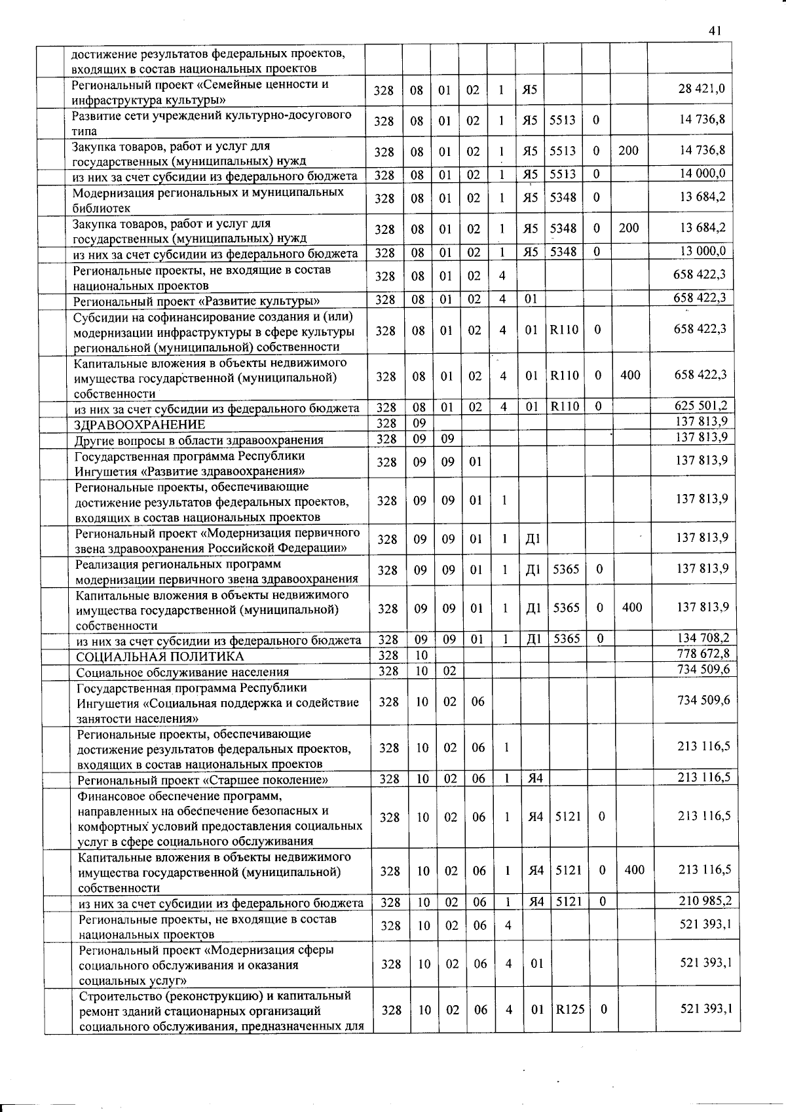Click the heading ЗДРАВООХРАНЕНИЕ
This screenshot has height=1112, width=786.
[140, 425]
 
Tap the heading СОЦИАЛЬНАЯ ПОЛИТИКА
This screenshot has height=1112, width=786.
[160, 657]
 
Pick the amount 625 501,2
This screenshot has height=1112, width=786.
[701, 406]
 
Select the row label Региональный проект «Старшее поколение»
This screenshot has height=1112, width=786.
[202, 780]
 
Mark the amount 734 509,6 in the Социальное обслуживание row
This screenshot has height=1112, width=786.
[703, 668]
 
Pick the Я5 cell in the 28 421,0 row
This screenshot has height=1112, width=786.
[529, 90]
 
